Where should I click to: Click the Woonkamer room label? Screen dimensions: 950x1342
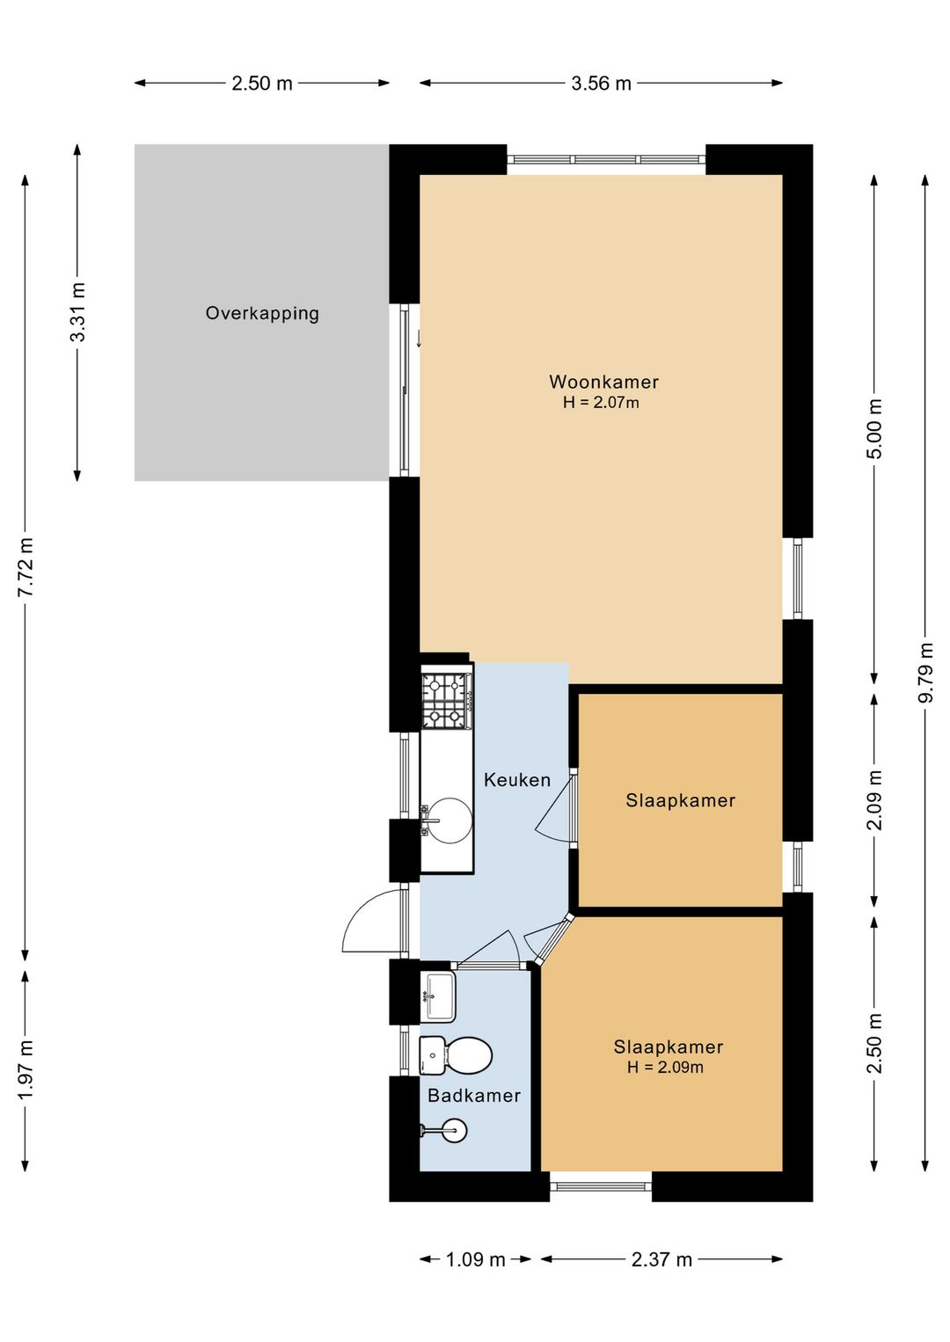click(x=603, y=382)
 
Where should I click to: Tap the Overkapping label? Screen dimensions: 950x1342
click(x=262, y=313)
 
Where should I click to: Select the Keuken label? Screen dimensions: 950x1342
click(x=516, y=779)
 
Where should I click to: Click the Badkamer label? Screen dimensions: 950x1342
click(x=473, y=1095)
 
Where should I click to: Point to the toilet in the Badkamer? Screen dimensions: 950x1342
click(x=457, y=1055)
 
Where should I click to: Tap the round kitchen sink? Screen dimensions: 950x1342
click(x=449, y=821)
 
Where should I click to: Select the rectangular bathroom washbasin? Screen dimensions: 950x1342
click(x=438, y=997)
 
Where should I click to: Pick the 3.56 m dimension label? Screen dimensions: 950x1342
click(x=601, y=84)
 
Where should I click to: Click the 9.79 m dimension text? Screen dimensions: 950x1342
click(x=926, y=672)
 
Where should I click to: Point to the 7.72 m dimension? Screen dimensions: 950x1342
click(x=26, y=566)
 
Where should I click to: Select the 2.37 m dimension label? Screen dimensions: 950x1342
click(x=661, y=1260)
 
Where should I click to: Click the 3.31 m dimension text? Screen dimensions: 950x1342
click(x=77, y=311)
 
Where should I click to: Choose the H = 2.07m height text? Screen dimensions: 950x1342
click(x=601, y=403)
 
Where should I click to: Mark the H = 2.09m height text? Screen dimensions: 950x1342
click(x=665, y=1067)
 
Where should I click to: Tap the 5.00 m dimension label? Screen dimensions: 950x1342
click(x=874, y=428)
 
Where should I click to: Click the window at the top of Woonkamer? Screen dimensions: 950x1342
click(x=606, y=159)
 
